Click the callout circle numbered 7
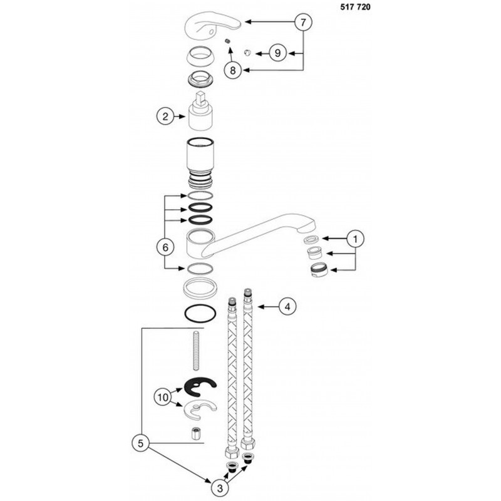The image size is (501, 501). (x=303, y=22)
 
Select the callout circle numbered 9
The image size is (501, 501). (x=277, y=53)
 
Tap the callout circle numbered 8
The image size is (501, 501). (x=233, y=70)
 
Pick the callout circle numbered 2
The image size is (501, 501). (x=165, y=116)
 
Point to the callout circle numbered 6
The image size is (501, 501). (x=165, y=247)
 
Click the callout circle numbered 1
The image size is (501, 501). (x=355, y=239)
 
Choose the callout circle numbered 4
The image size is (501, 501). (x=287, y=307)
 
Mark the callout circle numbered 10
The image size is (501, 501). (x=163, y=397)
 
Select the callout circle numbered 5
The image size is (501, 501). (x=141, y=443)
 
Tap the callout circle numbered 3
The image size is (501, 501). (x=220, y=488)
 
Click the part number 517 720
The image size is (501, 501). (x=355, y=7)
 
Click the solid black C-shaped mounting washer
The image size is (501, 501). (x=200, y=387)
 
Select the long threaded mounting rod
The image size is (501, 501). (x=195, y=351)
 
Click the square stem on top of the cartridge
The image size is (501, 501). (x=200, y=98)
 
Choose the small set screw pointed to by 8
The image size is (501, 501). (x=228, y=41)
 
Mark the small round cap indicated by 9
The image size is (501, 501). (x=247, y=53)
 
